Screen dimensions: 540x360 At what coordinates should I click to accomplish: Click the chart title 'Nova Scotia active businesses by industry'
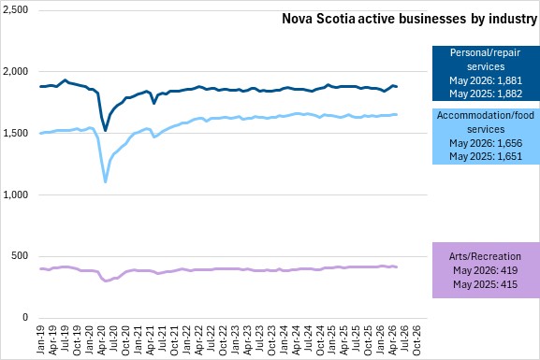pos(410,19)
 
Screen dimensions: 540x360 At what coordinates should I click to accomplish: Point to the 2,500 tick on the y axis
pos(16,9)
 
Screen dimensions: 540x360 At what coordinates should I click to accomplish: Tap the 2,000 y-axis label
pos(16,72)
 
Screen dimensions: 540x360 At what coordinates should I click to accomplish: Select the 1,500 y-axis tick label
pos(16,133)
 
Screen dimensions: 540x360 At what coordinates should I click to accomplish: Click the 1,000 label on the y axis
pos(16,194)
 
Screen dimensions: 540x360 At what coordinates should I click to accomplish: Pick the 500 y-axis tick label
pos(21,256)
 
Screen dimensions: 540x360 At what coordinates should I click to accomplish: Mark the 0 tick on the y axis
pos(25,318)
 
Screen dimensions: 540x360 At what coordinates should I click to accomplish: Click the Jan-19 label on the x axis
pos(40,339)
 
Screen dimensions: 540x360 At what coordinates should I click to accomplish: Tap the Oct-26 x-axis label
pos(416,340)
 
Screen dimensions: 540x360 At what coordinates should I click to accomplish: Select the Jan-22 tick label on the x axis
pos(186,339)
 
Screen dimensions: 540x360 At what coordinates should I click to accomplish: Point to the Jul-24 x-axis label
pos(307,339)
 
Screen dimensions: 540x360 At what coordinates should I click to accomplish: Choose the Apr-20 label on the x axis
pos(101,340)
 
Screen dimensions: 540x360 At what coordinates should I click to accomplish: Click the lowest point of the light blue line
pos(106,181)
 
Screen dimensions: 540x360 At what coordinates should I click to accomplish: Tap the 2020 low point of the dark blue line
pos(106,130)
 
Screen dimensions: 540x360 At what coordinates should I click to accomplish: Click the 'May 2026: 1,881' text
pos(486,80)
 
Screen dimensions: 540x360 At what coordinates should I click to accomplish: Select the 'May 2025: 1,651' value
pos(486,156)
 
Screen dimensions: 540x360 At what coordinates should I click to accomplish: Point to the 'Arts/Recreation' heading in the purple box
pos(485,256)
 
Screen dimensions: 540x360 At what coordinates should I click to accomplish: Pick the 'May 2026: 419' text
pos(485,270)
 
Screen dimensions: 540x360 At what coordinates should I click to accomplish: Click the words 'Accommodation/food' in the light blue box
pos(486,115)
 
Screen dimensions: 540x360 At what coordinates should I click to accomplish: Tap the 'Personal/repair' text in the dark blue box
pos(485,53)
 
